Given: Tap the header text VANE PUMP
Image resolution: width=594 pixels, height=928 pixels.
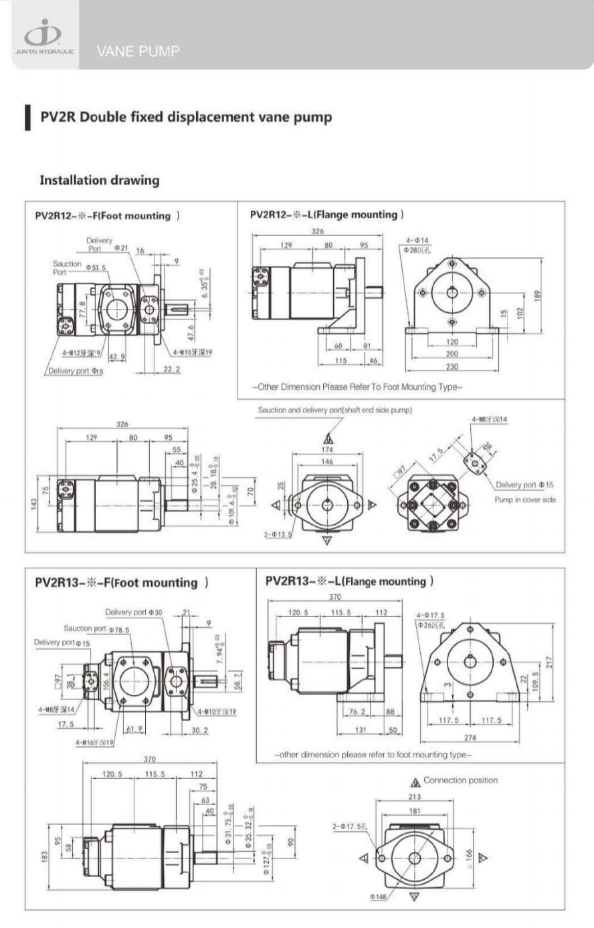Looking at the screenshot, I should coord(138,51).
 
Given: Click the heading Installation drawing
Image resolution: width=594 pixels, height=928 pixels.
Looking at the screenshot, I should coord(100,181).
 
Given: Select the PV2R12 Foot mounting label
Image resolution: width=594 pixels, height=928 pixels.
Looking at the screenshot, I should coord(108,216).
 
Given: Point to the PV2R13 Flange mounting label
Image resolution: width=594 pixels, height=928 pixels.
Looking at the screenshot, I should coord(349,582).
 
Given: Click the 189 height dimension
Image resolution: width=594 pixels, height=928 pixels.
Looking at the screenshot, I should coord(537,294).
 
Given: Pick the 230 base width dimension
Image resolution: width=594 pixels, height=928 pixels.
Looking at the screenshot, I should coord(452,366).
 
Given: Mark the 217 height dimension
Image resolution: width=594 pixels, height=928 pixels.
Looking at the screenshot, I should coord(549,662).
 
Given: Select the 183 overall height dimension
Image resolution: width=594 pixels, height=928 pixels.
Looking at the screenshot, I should coord(44,856).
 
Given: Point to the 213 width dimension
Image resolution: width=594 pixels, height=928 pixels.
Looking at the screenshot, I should coord(415,797).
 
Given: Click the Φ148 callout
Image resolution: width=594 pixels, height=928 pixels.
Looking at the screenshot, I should coord(378,897).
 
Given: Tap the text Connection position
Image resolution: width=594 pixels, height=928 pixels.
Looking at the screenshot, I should coord(460,780).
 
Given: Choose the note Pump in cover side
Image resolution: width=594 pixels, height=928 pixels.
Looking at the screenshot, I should coord(525,499).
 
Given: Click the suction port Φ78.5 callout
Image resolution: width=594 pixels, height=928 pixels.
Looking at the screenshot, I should coord(97,629).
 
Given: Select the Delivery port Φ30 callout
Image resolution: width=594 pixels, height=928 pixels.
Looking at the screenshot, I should coord(134,612).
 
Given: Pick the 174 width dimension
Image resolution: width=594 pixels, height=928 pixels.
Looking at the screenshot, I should coord(327,450).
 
